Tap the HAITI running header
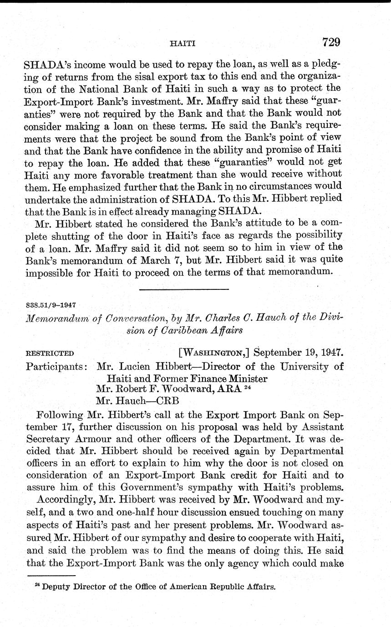182,44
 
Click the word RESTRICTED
50,353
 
